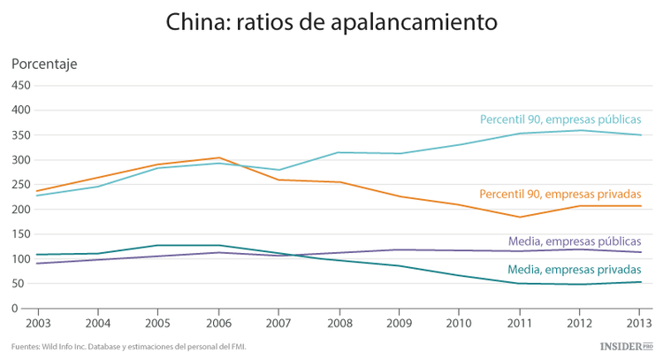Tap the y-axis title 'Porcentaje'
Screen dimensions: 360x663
[x=44, y=64]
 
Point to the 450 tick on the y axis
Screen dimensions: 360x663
[x=20, y=86]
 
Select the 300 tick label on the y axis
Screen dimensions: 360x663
[x=20, y=160]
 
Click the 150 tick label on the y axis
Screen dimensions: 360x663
[x=20, y=234]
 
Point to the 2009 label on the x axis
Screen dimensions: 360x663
[x=399, y=323]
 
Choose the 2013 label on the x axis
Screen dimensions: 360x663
[x=640, y=323]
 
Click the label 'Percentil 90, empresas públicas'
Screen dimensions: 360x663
[x=560, y=119]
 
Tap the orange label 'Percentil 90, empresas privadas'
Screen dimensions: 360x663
[x=560, y=194]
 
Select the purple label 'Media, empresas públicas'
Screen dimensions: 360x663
[x=575, y=241]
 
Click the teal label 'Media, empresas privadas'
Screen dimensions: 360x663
[x=575, y=270]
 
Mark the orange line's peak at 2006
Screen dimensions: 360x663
[x=219, y=157]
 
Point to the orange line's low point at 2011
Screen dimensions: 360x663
[x=520, y=217]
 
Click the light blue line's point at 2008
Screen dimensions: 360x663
[x=339, y=152]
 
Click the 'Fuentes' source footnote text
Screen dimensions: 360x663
[x=129, y=347]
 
